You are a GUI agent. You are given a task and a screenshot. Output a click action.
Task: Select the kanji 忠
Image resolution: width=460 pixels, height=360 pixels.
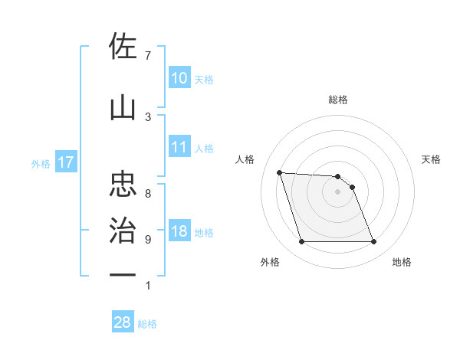pos(123,185)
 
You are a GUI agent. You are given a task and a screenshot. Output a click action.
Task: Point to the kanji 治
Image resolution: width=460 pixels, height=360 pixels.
pos(123,230)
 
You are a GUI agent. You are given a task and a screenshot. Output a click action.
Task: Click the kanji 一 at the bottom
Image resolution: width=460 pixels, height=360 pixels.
pos(123,274)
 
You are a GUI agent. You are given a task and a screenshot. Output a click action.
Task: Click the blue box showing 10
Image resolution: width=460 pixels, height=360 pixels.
pos(179,78)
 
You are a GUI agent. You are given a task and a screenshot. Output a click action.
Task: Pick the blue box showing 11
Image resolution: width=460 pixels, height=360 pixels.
pos(179,148)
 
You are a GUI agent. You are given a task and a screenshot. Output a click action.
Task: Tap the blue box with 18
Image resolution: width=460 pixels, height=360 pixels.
pos(179,232)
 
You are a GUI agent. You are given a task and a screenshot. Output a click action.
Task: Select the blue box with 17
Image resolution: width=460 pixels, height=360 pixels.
pos(65,162)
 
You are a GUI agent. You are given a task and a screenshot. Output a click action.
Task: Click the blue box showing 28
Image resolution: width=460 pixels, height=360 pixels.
pos(123,322)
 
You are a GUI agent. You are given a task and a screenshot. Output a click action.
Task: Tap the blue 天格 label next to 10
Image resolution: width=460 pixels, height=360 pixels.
pos(204,79)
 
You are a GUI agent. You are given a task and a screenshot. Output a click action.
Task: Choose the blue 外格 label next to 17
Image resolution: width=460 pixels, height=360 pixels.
pos(41,163)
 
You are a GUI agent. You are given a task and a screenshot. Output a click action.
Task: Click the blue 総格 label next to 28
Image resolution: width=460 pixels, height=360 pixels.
pos(147,324)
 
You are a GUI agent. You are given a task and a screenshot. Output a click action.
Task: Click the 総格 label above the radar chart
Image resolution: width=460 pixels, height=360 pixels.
pos(338,100)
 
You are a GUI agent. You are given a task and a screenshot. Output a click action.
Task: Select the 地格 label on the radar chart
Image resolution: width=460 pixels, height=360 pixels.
pos(402,263)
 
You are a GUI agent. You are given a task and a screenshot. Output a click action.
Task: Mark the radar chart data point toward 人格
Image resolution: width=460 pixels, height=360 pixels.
pos(280,172)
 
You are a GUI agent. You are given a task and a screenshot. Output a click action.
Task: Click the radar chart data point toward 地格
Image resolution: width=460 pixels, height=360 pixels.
pos(373,242)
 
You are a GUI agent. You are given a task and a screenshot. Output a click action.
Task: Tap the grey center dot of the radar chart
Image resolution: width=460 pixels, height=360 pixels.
pos(337,191)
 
